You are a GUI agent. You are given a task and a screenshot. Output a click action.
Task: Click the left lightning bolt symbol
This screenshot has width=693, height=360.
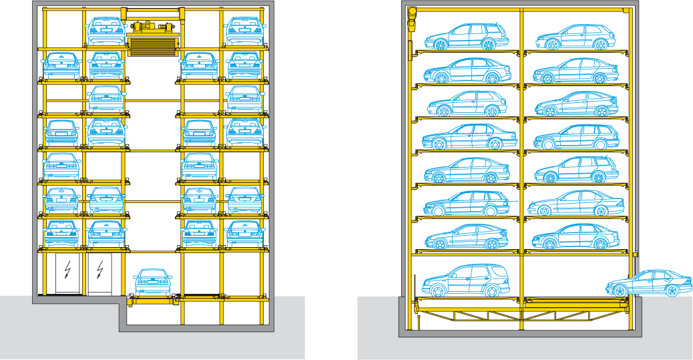(67, 270)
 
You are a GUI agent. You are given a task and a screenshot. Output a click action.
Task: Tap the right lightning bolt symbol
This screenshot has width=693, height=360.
(100, 270)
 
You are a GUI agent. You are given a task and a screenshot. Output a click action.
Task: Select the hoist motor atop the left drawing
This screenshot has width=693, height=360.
(152, 27)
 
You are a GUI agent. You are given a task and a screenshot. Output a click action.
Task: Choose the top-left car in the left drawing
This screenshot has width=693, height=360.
(105, 29)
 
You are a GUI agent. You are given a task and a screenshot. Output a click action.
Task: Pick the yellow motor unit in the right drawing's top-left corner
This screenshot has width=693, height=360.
(411, 18)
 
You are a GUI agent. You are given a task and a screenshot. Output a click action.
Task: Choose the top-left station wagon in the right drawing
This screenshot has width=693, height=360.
(464, 37)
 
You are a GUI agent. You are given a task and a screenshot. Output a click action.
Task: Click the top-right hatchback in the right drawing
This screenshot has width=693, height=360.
(574, 37)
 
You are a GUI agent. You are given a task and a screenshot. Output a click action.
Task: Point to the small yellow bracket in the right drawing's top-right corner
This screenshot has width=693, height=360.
(625, 11)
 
